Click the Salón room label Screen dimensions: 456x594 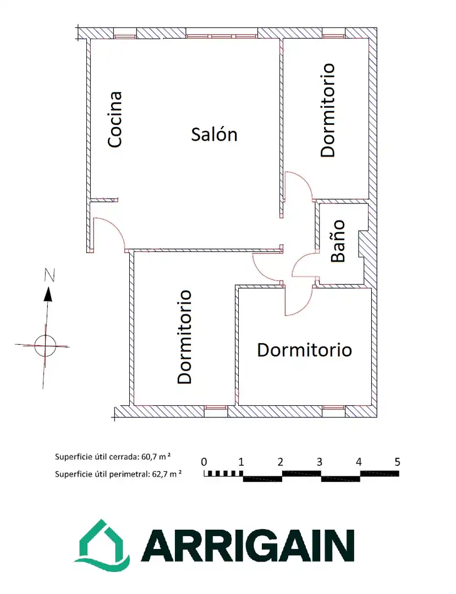coord(214,135)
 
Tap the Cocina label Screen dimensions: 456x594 coord(115,119)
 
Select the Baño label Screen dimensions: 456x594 coord(338,241)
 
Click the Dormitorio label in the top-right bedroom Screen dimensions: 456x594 coord(328,110)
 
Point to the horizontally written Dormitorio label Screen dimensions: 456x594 coord(305,350)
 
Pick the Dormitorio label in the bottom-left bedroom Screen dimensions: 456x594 coord(184,337)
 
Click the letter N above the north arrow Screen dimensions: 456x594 coord(50,275)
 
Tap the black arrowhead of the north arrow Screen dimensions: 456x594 coord(48,294)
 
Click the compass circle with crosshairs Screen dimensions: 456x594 coord(45,345)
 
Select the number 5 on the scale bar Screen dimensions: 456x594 coord(397,462)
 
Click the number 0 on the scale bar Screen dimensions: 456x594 coord(204,462)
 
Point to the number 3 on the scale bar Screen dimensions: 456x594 coord(319,462)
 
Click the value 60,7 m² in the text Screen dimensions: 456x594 coord(156,457)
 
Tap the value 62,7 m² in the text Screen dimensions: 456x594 coord(166,474)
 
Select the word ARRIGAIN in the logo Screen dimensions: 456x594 coord(248,546)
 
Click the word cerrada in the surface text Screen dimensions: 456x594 coord(125,457)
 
